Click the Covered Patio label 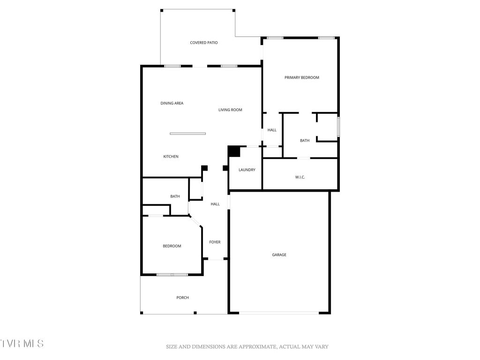click(203, 43)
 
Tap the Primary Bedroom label click(301, 77)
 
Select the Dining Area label click(172, 103)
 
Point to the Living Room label click(230, 110)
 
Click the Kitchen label click(171, 157)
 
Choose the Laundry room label click(247, 170)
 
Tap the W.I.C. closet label click(300, 177)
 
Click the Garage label click(279, 255)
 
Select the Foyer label click(215, 242)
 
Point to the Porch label click(182, 298)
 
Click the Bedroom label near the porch click(172, 246)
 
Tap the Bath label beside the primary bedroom click(305, 141)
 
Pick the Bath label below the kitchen click(175, 196)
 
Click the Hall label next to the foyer click(215, 204)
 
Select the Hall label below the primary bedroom click(272, 130)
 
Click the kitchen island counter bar click(187, 134)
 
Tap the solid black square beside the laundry click(233, 152)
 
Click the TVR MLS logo click(22, 343)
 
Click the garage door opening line click(279, 313)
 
